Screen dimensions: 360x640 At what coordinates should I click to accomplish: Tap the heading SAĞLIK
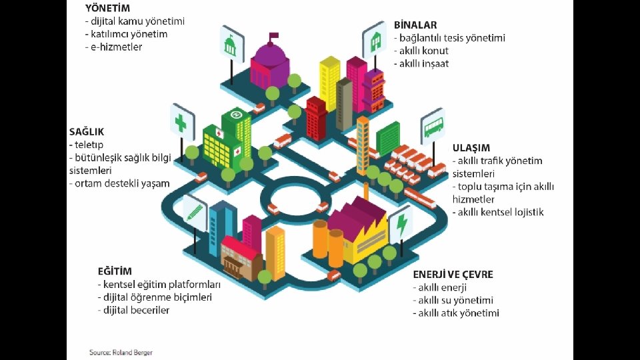tap(87, 132)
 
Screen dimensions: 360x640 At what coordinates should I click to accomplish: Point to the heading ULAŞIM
tap(471, 148)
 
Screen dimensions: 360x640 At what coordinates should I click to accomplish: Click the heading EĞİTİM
tap(115, 271)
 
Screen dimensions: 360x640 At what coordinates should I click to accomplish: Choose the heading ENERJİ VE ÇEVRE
tap(453, 275)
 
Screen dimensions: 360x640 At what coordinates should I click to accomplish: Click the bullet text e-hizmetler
tap(115, 47)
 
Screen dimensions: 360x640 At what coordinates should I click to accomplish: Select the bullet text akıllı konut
tap(423, 51)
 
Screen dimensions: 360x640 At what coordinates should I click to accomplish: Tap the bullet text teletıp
tap(88, 145)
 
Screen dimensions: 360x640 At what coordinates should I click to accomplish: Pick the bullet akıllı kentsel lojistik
tap(499, 212)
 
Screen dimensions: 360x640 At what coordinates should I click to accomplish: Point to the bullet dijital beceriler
tap(135, 310)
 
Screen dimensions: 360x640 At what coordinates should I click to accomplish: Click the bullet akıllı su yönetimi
tap(455, 300)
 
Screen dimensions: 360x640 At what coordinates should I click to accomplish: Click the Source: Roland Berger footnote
tap(121, 351)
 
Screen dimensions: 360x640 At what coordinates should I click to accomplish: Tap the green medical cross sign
tap(181, 123)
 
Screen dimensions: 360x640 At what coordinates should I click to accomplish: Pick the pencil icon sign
tap(195, 211)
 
